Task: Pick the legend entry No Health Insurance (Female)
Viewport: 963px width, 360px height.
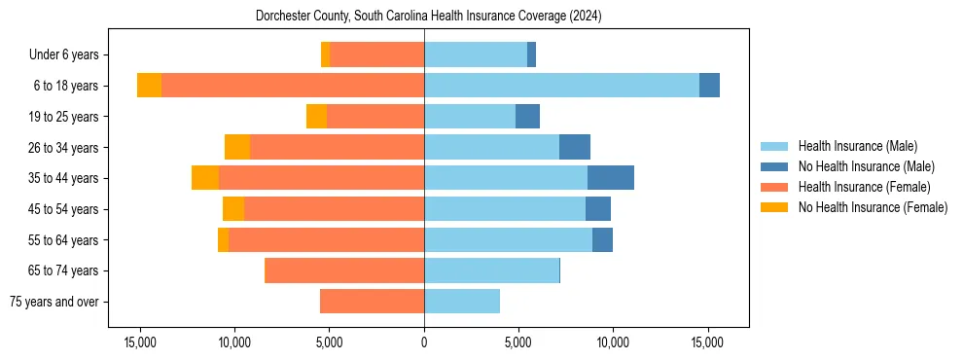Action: pyautogui.click(x=873, y=207)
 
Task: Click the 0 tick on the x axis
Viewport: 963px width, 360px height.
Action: pyautogui.click(x=424, y=343)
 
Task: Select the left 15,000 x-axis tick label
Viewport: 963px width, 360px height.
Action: pyautogui.click(x=140, y=343)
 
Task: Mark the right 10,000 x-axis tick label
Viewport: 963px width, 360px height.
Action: pyautogui.click(x=613, y=343)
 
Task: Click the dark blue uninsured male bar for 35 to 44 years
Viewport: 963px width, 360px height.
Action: pyautogui.click(x=611, y=178)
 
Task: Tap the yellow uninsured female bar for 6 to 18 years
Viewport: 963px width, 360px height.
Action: pyautogui.click(x=149, y=86)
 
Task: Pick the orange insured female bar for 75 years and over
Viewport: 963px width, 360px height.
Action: pyautogui.click(x=372, y=302)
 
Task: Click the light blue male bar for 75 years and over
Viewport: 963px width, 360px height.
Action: pyautogui.click(x=462, y=302)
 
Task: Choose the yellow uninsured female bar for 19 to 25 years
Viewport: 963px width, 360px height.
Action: pyautogui.click(x=316, y=117)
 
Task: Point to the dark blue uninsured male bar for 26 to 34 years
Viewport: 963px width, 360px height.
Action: pyautogui.click(x=575, y=147)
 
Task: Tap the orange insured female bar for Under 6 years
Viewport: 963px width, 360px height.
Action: pyautogui.click(x=376, y=55)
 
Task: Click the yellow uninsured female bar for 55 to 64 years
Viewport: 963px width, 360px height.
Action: pyautogui.click(x=223, y=239)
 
